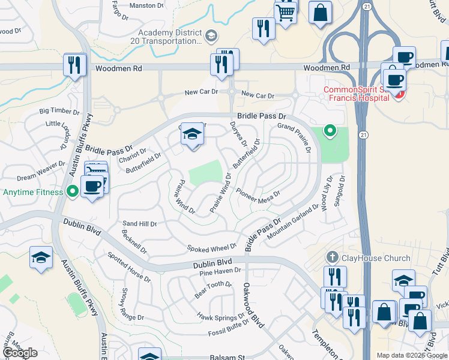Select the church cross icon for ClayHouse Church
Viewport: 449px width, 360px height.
coord(331,258)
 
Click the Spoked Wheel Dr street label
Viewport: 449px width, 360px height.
coord(211,248)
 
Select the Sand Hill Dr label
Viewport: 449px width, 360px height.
coord(139,223)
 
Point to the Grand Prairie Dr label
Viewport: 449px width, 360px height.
coord(294,137)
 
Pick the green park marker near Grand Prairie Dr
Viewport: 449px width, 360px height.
coord(329,130)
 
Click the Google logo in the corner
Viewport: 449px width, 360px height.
coord(20,353)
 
